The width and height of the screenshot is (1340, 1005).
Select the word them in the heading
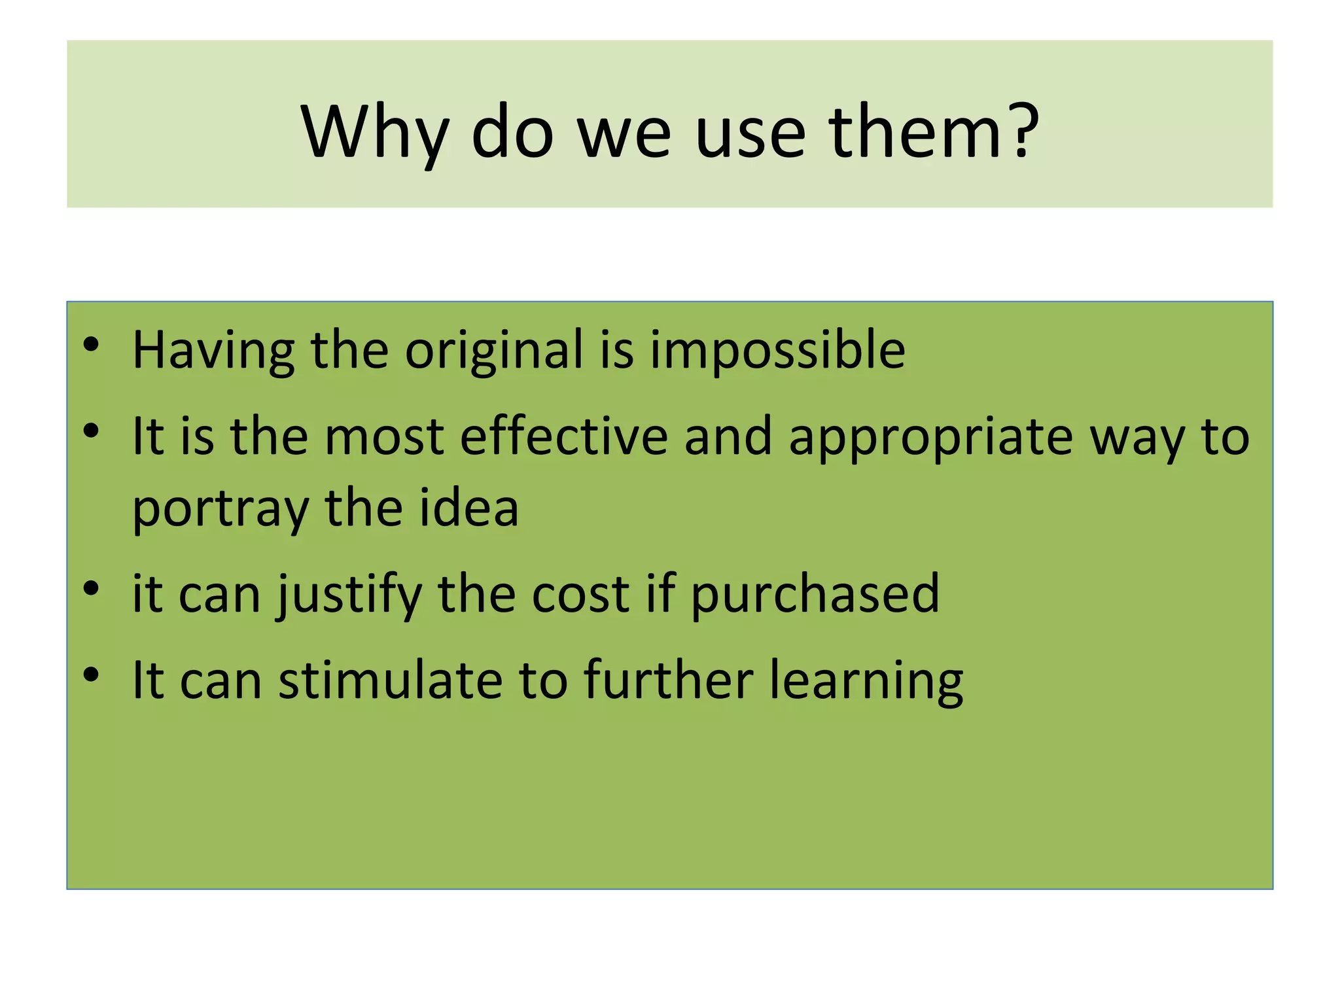pos(915,132)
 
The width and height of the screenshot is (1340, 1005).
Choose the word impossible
pos(777,350)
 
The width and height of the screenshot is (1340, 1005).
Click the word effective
pos(564,436)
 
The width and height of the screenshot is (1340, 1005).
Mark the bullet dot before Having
pos(91,344)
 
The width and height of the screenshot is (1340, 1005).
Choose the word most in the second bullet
pos(384,437)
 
